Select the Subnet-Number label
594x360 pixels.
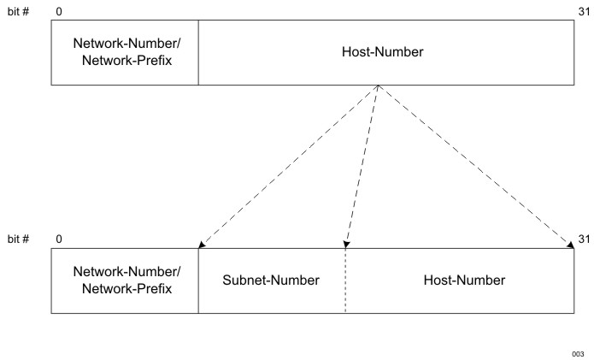pos(272,280)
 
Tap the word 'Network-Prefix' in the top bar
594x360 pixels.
pos(126,61)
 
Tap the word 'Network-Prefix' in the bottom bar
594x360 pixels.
pos(126,288)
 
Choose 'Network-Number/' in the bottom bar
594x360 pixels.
pos(126,272)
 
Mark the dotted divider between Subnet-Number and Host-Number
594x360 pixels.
pos(346,282)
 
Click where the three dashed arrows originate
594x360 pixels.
pos(378,87)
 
